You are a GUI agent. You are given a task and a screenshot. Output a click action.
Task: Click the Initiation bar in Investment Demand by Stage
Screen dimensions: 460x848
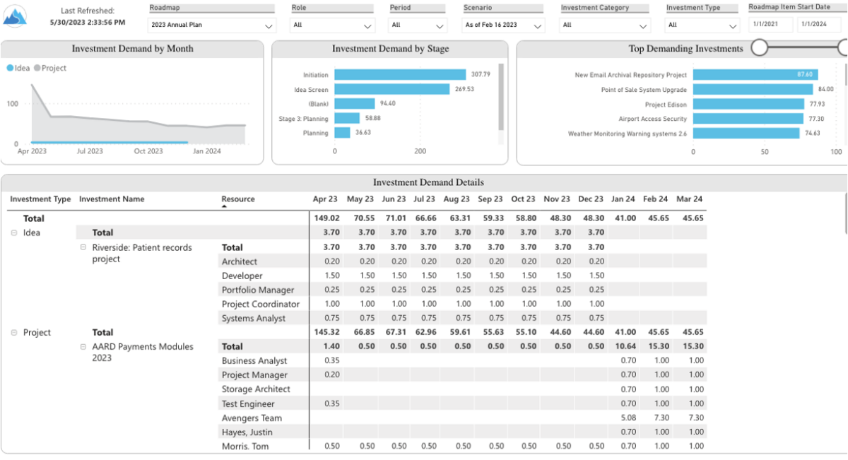400,75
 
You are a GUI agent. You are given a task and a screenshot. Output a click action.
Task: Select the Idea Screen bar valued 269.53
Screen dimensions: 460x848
391,90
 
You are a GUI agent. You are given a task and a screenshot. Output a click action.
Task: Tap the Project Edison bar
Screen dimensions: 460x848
748,105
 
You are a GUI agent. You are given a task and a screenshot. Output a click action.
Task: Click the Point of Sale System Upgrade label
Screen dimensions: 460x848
644,90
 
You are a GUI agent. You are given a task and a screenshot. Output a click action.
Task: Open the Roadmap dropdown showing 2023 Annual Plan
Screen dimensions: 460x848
211,25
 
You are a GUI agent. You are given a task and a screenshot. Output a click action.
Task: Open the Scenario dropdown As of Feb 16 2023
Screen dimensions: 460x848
504,25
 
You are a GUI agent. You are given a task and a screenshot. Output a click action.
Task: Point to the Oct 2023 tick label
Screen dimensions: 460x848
148,151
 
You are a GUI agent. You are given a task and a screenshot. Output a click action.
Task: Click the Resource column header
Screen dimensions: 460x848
238,199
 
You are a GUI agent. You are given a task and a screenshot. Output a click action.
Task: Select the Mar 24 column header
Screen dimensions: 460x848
689,199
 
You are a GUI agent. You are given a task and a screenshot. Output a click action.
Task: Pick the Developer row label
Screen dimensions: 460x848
242,276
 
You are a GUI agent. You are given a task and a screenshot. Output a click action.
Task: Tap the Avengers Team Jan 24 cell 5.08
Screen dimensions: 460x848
627,418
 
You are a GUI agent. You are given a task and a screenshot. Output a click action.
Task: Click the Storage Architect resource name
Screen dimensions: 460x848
256,389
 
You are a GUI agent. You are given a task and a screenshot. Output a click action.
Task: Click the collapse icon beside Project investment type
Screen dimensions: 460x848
14,333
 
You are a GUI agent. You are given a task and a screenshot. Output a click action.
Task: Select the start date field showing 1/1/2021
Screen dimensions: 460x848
771,25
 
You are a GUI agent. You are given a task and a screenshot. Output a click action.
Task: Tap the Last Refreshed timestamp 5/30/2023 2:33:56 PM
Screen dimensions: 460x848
88,23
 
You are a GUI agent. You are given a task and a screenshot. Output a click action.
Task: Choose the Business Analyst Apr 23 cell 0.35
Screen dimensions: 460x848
331,360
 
